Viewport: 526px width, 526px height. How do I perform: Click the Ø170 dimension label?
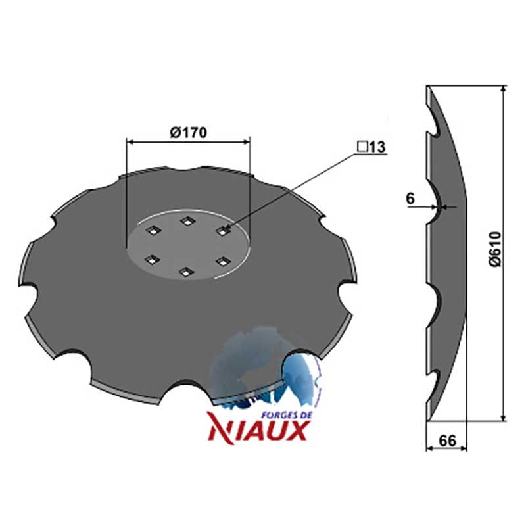pyautogui.click(x=188, y=133)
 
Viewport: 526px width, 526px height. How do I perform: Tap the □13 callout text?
pyautogui.click(x=371, y=147)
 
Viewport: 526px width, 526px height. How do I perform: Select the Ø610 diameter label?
pyautogui.click(x=495, y=249)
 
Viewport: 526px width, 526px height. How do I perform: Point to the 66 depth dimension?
pyautogui.click(x=447, y=441)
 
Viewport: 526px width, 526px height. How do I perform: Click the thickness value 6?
pyautogui.click(x=410, y=199)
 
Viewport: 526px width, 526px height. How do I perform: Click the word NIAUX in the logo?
pyautogui.click(x=258, y=431)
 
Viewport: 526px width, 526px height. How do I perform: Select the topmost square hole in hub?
pyautogui.click(x=187, y=221)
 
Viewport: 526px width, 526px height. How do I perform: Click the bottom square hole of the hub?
pyautogui.click(x=185, y=272)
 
